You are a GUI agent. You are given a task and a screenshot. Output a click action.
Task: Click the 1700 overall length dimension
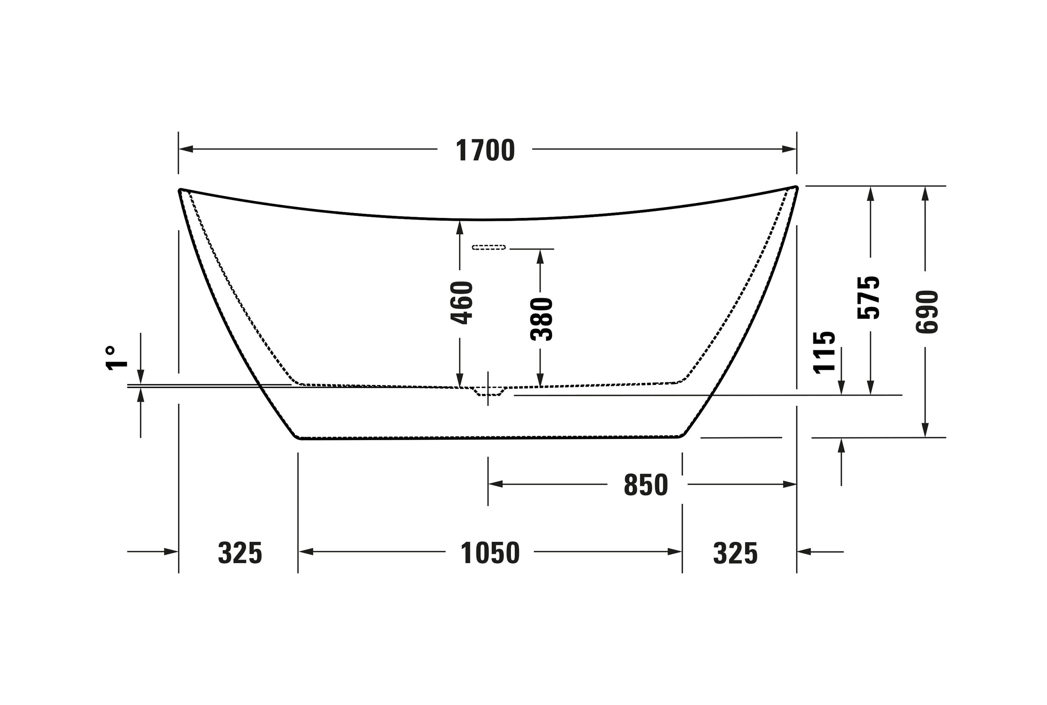[485, 150]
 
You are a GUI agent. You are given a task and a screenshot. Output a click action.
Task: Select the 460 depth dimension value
[462, 303]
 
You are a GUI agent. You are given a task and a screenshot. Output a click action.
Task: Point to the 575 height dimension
[868, 297]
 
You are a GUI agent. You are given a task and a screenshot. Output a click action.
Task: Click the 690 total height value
[927, 312]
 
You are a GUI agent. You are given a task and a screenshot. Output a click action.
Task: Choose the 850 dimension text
[646, 485]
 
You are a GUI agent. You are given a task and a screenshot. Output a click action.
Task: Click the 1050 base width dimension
[490, 553]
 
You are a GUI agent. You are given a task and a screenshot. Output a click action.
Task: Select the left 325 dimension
[240, 553]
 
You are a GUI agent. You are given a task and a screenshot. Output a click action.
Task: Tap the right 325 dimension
[735, 553]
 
